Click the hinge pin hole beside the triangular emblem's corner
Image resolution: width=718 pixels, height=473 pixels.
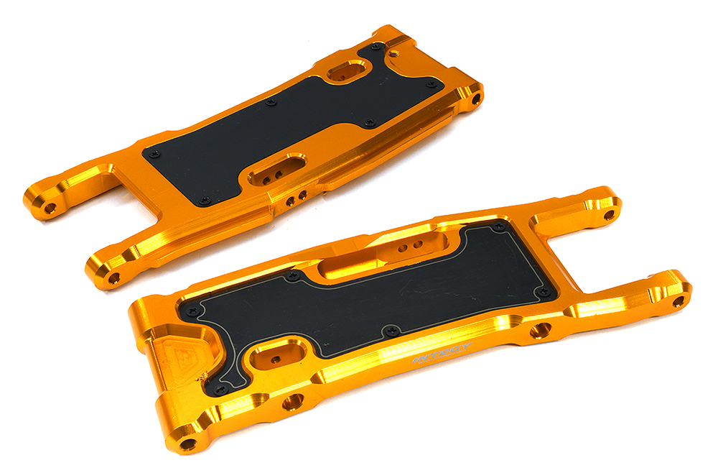(188, 444)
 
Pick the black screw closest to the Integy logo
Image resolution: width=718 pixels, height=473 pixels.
(390, 331)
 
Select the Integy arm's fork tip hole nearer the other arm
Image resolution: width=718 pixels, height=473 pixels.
(609, 214)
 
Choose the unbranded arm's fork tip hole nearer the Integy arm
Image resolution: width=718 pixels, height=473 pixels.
(113, 277)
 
